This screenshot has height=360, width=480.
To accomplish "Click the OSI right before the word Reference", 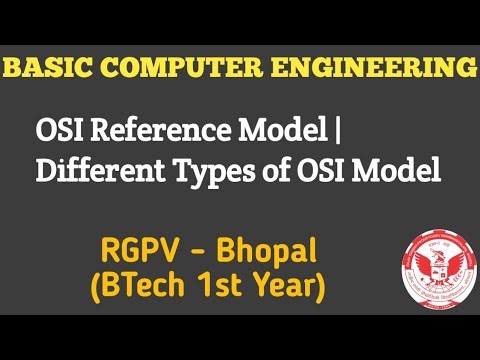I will click(x=58, y=131).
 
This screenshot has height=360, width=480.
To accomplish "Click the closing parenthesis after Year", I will click(x=320, y=289).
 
